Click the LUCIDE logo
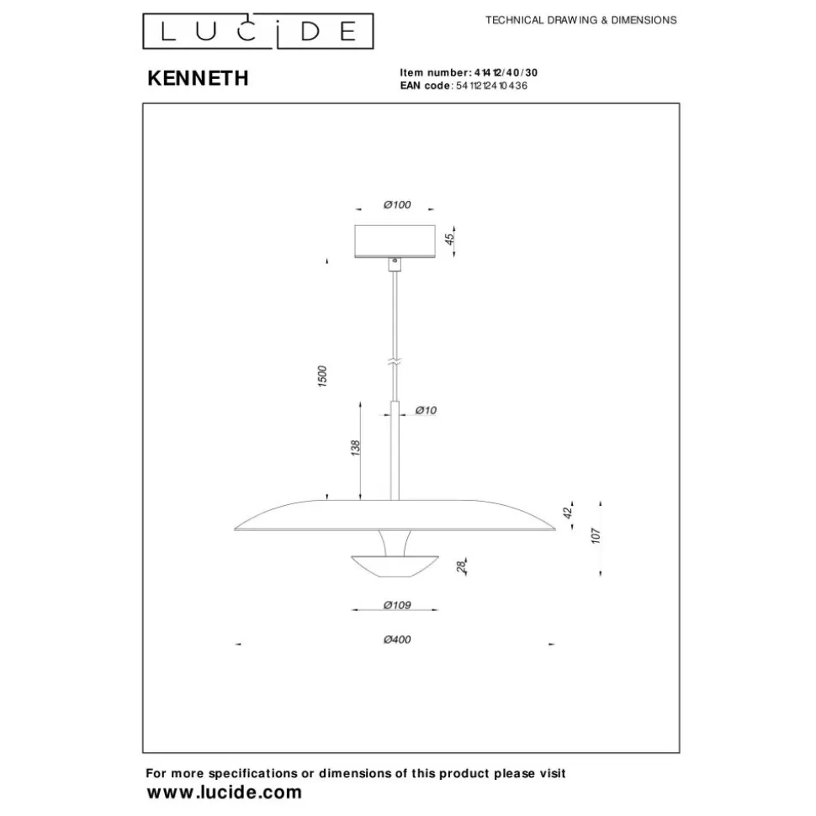coord(258,31)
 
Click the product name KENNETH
coord(198,78)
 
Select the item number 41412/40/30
coord(506,73)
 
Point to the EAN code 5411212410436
coord(491,86)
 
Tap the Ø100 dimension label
coord(397,205)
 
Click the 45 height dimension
coord(449,239)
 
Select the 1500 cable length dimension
coord(322,376)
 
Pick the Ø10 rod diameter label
coord(426,411)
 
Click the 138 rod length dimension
coord(355,448)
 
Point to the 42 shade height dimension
coord(568,512)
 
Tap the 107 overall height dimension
coord(596,535)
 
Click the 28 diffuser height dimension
coord(461,566)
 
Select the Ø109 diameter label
coord(397,605)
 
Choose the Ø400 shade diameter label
coord(397,640)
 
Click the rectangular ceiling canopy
coord(395,241)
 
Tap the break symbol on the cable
coord(395,361)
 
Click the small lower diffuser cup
coord(395,566)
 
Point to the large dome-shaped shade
coord(395,515)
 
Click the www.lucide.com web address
coord(225,792)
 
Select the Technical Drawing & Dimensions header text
coord(581,20)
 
